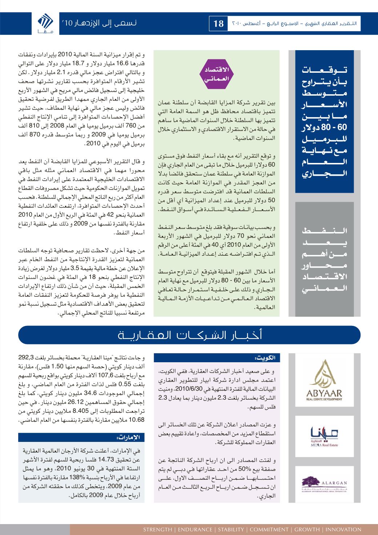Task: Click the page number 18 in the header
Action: [x=219, y=24]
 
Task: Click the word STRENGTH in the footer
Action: [x=157, y=530]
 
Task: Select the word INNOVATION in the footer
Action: [x=344, y=530]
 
